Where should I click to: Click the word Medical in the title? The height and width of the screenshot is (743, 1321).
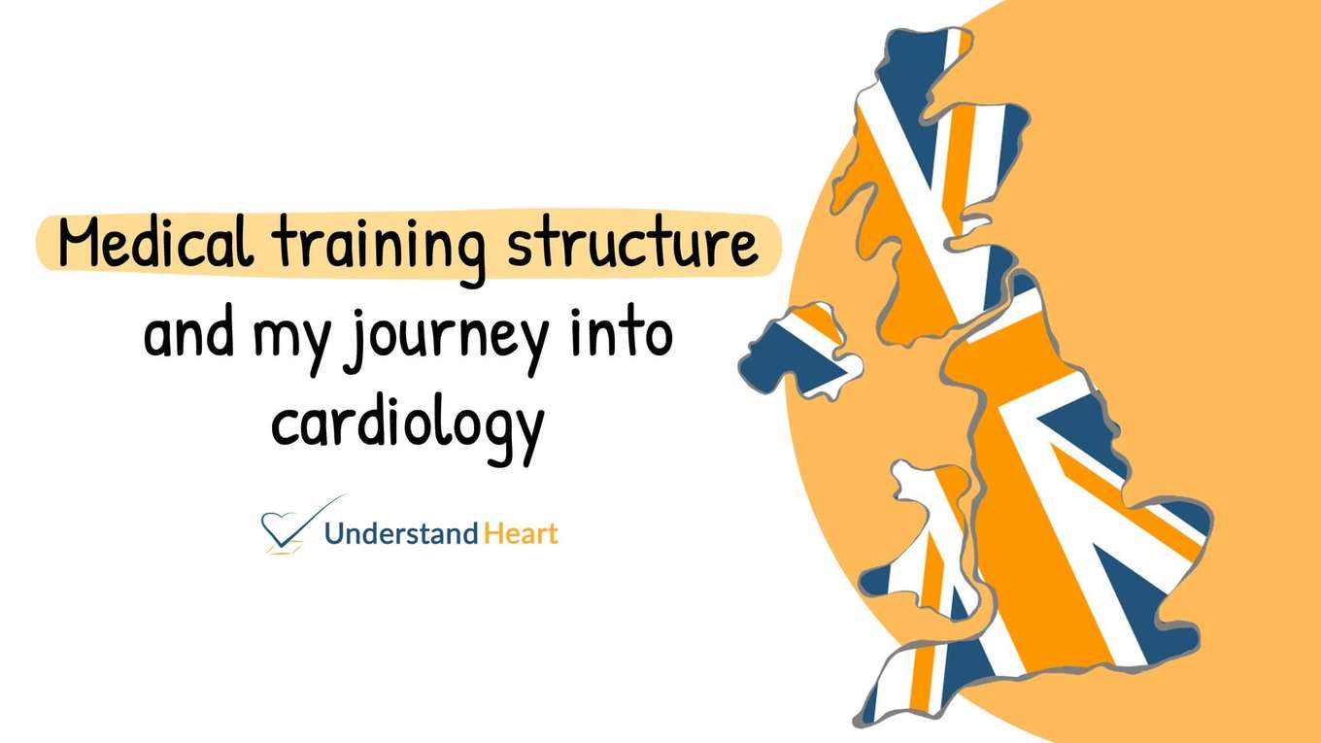pos(155,245)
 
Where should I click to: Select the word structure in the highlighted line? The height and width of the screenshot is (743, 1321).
pos(631,245)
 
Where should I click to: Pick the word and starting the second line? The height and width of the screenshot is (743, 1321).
pos(189,332)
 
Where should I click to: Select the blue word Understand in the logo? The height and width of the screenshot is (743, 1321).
pos(401,533)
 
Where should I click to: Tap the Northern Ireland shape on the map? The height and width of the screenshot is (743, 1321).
pos(799,352)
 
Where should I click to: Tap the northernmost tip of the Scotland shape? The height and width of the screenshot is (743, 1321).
pos(957,34)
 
